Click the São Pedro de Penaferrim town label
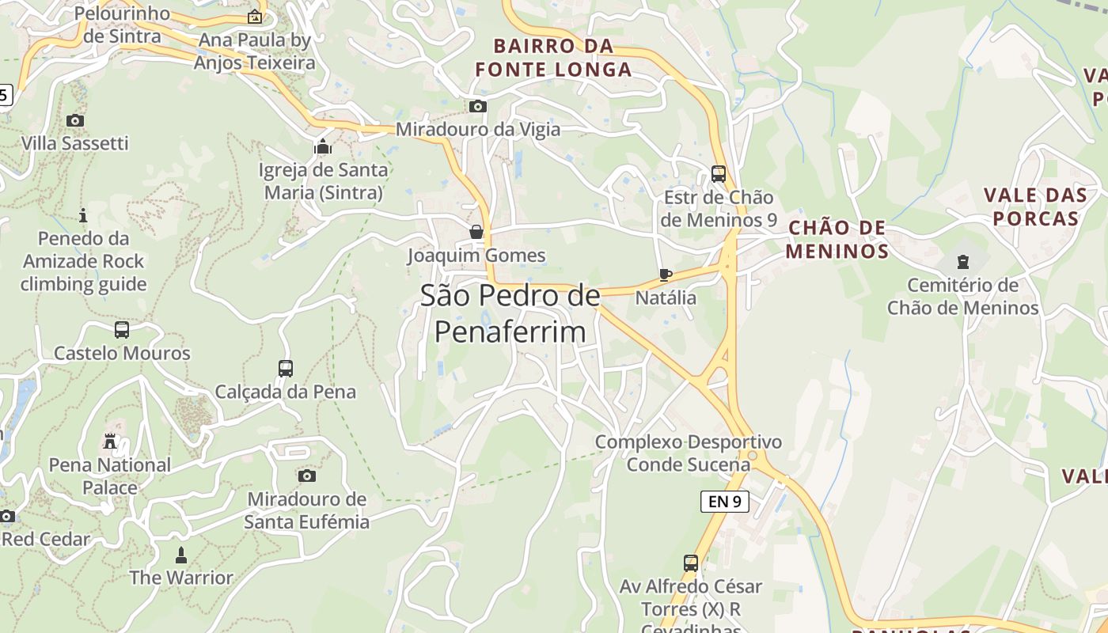(510, 314)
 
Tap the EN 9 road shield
(724, 501)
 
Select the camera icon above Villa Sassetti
(75, 120)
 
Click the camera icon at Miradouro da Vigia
(477, 106)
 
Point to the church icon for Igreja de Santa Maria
(322, 146)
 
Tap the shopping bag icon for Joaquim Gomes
(476, 232)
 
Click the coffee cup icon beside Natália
(666, 275)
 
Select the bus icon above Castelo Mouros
(122, 329)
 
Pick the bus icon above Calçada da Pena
(286, 368)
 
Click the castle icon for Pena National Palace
(110, 442)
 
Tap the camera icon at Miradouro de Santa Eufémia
(306, 476)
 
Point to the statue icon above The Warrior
(181, 555)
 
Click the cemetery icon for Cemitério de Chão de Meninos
(962, 261)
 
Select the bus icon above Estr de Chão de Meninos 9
(719, 173)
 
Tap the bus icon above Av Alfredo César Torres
(691, 563)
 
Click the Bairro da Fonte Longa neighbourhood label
(553, 57)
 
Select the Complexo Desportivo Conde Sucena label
(688, 453)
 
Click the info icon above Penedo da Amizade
(83, 215)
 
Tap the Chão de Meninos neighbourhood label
(837, 240)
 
